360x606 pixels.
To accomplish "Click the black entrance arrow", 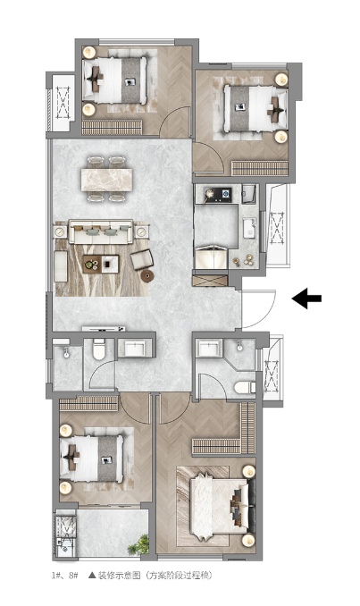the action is pyautogui.click(x=306, y=299).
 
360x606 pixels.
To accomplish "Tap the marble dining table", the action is pyautogui.click(x=106, y=180).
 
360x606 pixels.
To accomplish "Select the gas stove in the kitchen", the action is pyautogui.click(x=218, y=194).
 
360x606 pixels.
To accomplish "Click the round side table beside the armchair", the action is pyautogui.click(x=147, y=275).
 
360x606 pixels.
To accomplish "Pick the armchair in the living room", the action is pyautogui.click(x=142, y=259).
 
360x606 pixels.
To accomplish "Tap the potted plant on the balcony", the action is pyautogui.click(x=139, y=545).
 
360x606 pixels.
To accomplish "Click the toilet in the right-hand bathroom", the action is pyautogui.click(x=245, y=387).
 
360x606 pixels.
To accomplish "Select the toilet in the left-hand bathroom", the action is pyautogui.click(x=99, y=349).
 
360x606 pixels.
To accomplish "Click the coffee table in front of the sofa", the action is pyautogui.click(x=101, y=265).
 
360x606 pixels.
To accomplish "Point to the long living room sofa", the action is pyautogui.click(x=101, y=231).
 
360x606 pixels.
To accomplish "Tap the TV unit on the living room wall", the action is pyautogui.click(x=104, y=329).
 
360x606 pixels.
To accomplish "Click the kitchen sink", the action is pyautogui.click(x=249, y=229).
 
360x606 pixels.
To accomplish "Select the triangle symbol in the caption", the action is pyautogui.click(x=92, y=575).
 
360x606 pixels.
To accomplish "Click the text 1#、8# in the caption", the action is pyautogui.click(x=65, y=575).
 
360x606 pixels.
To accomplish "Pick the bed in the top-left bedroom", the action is pyautogui.click(x=114, y=80).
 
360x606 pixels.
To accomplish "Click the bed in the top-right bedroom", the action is pyautogui.click(x=255, y=109).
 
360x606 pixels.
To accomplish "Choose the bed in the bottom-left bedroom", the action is pyautogui.click(x=91, y=459).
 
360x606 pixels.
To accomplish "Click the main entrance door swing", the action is pyautogui.click(x=258, y=309).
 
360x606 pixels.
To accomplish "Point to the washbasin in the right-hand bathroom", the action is pyautogui.click(x=209, y=349).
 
